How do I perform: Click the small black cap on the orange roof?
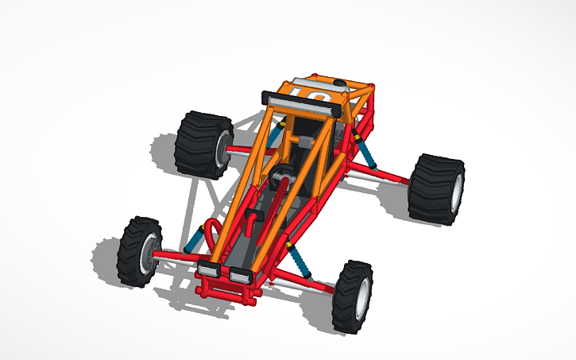pos(341,83)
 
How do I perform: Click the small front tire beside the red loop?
pos(140,251)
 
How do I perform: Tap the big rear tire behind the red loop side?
pos(200,143)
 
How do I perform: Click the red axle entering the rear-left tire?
pos(238,149)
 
